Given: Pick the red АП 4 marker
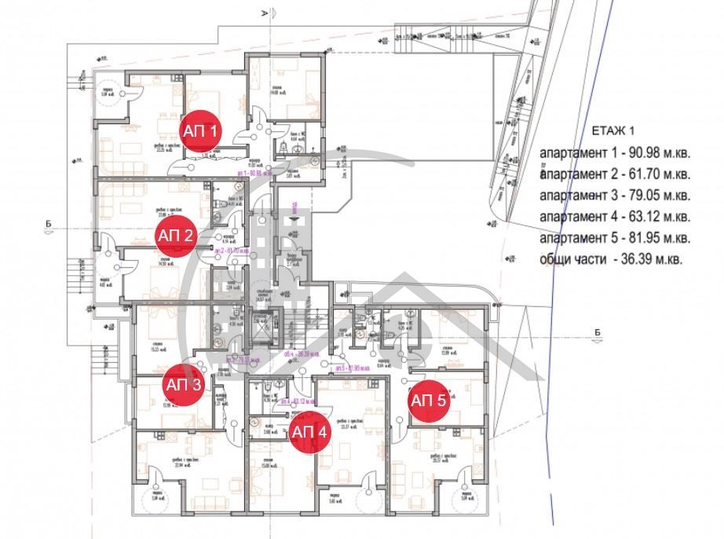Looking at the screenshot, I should [x=309, y=431].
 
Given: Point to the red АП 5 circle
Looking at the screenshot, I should [x=429, y=400].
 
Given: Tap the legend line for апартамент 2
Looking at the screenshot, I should [x=615, y=173].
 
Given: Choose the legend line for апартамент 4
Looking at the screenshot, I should [x=615, y=215].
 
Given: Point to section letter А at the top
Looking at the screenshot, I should [x=265, y=14].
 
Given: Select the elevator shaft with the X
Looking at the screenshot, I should [x=259, y=324].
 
